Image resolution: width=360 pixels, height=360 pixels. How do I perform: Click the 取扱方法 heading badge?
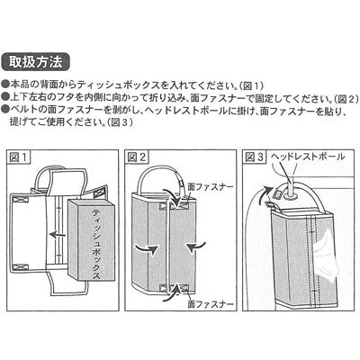pyautogui.click(x=36, y=62)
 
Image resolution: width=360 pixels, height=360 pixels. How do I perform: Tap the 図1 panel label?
pyautogui.click(x=19, y=157)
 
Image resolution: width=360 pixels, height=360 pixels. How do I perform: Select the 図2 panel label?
pyautogui.click(x=137, y=157)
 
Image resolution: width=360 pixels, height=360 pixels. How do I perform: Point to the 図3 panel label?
pyautogui.click(x=255, y=157)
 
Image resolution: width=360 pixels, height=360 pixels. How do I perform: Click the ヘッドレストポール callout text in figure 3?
pyautogui.click(x=308, y=156)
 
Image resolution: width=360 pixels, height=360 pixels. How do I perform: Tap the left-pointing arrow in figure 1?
pyautogui.click(x=58, y=234)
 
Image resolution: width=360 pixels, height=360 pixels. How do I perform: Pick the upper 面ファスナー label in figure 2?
pyautogui.click(x=211, y=186)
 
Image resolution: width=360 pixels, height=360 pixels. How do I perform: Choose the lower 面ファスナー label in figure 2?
pyautogui.click(x=211, y=304)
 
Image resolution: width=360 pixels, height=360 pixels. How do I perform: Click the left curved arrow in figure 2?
pyautogui.click(x=147, y=248)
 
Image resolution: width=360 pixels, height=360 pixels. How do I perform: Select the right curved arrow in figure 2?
pyautogui.click(x=195, y=246)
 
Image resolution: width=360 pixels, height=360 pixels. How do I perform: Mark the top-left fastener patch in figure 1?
pyautogui.click(x=21, y=198)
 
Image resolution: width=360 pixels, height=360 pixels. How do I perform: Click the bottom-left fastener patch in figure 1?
pyautogui.click(x=21, y=266)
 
